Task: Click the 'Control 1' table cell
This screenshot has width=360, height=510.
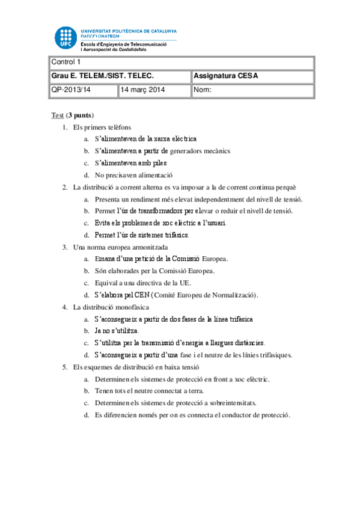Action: click(66, 63)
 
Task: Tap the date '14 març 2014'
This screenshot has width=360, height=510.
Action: click(147, 90)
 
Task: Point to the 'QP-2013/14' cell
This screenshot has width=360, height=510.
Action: click(70, 90)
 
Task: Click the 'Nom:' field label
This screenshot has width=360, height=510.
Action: click(204, 90)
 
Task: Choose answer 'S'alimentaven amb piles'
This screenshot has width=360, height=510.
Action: click(130, 163)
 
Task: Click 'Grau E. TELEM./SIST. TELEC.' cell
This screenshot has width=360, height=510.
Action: click(103, 76)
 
